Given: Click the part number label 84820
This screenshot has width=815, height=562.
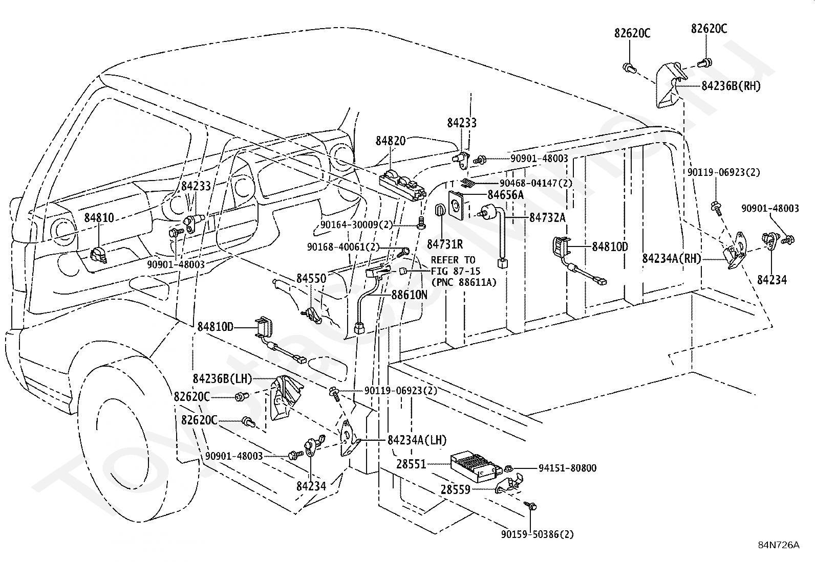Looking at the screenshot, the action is (391, 141).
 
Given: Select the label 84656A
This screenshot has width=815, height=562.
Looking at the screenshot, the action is (505, 195).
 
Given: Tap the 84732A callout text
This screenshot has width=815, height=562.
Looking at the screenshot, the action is (547, 218).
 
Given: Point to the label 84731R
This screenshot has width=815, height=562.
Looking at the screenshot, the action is (444, 244).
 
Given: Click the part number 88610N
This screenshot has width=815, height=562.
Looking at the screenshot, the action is (409, 295).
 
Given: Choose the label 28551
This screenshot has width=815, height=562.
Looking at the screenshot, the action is (411, 464).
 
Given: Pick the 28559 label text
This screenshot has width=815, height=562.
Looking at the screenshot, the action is (456, 490).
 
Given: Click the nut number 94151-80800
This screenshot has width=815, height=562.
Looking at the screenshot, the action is (568, 468).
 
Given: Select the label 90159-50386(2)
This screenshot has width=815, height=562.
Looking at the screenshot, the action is (538, 534).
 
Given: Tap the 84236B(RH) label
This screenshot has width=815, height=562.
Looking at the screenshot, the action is (731, 86).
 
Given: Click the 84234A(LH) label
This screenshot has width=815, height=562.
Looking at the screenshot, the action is (417, 440).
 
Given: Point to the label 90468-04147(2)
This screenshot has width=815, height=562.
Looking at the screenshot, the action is (536, 183).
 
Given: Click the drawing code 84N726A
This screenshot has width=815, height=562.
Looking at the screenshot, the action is (779, 545).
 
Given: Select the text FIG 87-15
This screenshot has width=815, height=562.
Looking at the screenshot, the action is (456, 271).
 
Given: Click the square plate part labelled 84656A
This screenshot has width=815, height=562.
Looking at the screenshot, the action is (456, 206).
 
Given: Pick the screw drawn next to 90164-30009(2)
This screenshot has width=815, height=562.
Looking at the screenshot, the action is (422, 222).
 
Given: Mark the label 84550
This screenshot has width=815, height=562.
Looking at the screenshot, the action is (311, 279).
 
